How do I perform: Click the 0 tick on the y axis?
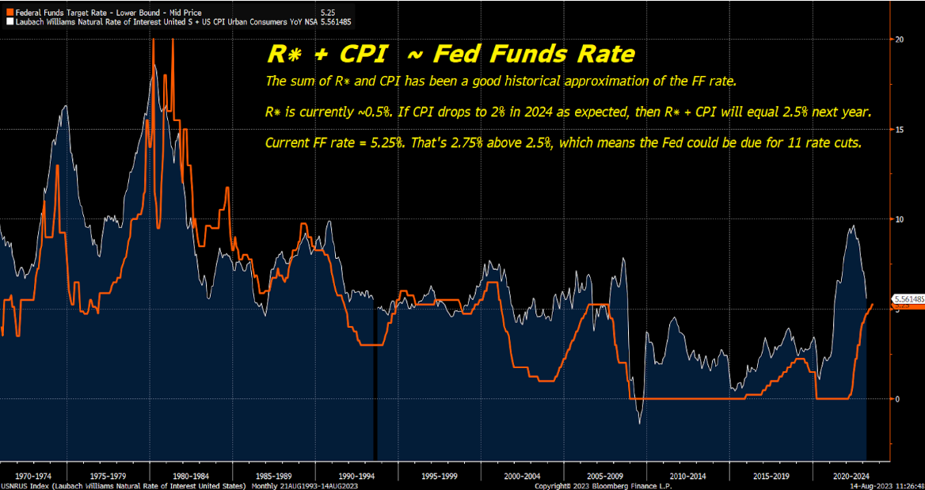point(897,399)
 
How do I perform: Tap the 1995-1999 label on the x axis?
point(440,477)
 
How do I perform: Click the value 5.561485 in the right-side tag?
point(908,299)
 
